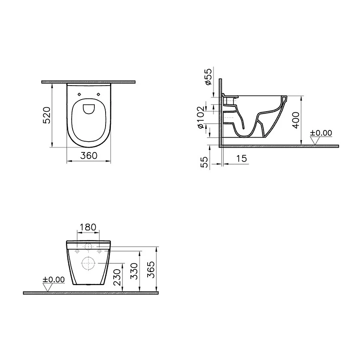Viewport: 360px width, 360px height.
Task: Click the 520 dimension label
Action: point(47,115)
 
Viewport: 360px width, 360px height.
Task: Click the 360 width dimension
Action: point(88,156)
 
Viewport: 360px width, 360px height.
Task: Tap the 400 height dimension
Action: point(296,120)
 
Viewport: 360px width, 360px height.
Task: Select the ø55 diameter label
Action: point(208,76)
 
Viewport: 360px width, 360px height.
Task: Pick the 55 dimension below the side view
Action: point(204,162)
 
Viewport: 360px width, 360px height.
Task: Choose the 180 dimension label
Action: point(88,227)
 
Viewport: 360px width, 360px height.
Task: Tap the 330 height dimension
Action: point(135,271)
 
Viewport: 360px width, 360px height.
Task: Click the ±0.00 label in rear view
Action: point(54,279)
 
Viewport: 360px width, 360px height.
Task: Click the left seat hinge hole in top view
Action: point(79,94)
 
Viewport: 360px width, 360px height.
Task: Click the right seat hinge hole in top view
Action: point(98,94)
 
